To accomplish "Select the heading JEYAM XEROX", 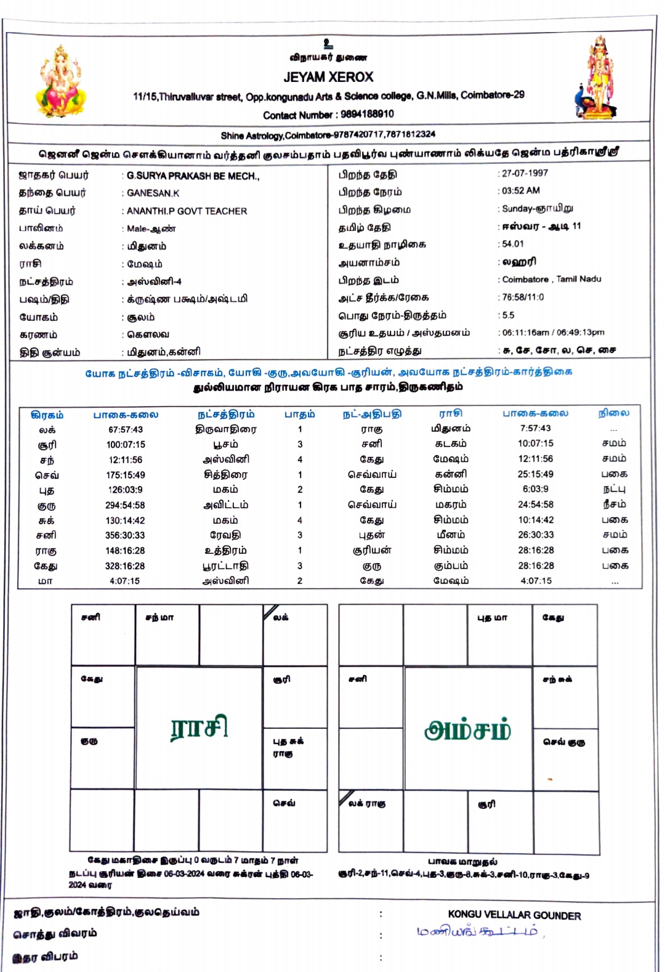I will (x=328, y=78).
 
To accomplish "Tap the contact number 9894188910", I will (x=367, y=114).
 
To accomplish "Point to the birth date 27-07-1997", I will (x=525, y=174).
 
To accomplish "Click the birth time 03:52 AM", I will (x=521, y=191).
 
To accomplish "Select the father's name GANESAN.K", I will (x=153, y=193).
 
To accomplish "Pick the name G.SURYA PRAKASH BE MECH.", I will (x=193, y=176).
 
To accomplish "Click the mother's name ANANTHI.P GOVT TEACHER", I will (x=187, y=211).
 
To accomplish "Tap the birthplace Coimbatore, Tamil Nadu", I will (x=552, y=279).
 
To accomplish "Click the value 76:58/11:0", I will (x=523, y=297).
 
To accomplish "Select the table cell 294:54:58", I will (x=125, y=505).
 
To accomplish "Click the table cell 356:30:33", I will (x=125, y=535).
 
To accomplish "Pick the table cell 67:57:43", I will (x=125, y=429).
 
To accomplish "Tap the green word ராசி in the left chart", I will (x=199, y=727).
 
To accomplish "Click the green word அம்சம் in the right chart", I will (x=467, y=730).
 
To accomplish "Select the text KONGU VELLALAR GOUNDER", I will (x=514, y=915).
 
